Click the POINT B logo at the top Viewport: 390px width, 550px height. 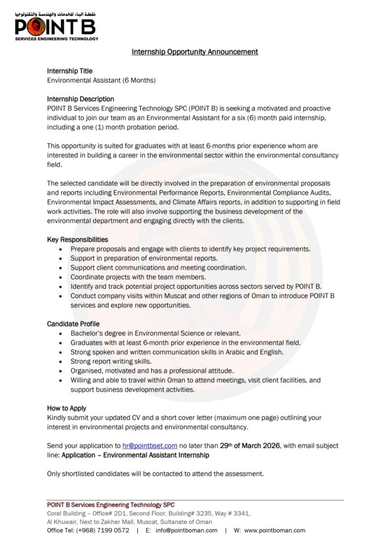coord(56,26)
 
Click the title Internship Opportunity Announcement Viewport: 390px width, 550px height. coord(195,52)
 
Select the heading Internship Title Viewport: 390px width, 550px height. coord(69,71)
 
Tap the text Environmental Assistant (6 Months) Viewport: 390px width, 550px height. coord(101,81)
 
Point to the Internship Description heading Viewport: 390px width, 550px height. coord(80,99)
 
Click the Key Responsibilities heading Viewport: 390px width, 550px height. coord(77,240)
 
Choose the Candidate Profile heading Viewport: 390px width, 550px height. coord(73,324)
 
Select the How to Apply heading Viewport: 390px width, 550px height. coord(66,408)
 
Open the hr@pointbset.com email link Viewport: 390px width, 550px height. coord(150,446)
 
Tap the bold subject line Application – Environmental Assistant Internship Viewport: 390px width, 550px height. coord(135,455)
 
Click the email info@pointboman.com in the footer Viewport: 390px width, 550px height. coord(186,530)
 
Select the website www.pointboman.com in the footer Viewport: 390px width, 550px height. coord(274,530)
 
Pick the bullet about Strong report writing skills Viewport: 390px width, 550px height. coord(111,361)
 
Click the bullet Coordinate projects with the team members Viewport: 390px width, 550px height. coord(138,277)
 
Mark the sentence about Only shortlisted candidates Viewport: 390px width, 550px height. coord(155,474)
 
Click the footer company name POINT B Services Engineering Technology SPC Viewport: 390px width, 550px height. coord(111,505)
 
